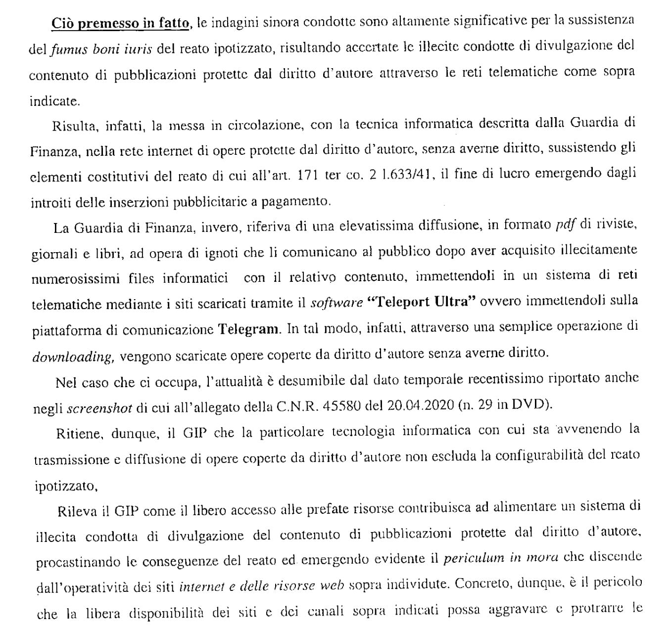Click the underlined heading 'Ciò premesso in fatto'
pos(120,23)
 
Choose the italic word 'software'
pos(336,303)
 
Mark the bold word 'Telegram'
pos(248,329)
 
